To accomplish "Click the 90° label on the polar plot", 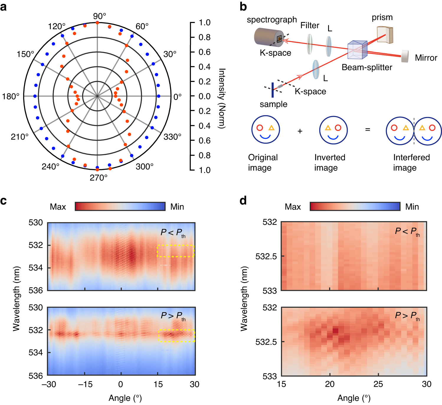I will pyautogui.click(x=99, y=16).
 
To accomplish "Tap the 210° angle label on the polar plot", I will pyautogui.click(x=20, y=137).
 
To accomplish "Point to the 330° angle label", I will pyautogui.click(x=172, y=137).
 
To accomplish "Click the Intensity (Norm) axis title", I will pyautogui.click(x=222, y=98).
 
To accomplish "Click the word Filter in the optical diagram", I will pyautogui.click(x=310, y=26).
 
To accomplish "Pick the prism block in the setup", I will pyautogui.click(x=385, y=35).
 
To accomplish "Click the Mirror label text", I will pyautogui.click(x=426, y=58).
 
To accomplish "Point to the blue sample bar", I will pyautogui.click(x=272, y=90).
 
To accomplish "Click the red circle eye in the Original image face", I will pyautogui.click(x=260, y=128).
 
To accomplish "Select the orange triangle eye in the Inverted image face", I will pyautogui.click(x=328, y=128).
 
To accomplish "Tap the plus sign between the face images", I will pyautogui.click(x=300, y=131).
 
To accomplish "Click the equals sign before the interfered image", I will pyautogui.click(x=368, y=130).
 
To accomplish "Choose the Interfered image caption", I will pyautogui.click(x=411, y=162).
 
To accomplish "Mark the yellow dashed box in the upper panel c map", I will pyautogui.click(x=176, y=251).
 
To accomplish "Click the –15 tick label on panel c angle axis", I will pyautogui.click(x=85, y=384).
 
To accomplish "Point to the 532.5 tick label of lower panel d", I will pyautogui.click(x=266, y=342).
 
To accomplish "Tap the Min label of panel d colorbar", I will pyautogui.click(x=412, y=207).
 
